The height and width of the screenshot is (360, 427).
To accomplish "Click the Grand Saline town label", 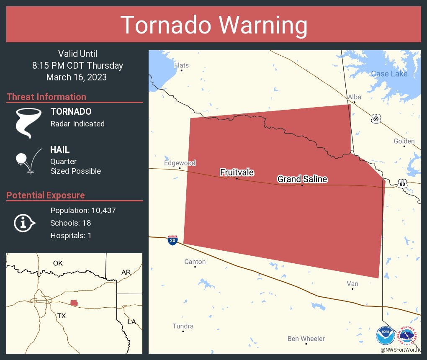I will click(302, 179).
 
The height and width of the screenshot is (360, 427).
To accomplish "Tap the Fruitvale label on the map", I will click(237, 172).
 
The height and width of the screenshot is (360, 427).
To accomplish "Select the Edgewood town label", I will click(180, 163).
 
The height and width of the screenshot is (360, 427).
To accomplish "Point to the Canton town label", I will click(195, 262).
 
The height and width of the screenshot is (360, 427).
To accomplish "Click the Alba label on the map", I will click(354, 97).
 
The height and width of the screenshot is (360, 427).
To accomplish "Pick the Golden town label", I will click(404, 141).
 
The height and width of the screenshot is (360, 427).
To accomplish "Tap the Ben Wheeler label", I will click(306, 339).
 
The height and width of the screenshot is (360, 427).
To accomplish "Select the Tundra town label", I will click(183, 326).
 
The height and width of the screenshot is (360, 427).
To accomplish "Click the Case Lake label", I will click(389, 74).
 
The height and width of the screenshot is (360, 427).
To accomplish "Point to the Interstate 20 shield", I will click(172, 240).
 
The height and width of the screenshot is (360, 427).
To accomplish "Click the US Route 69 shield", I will click(376, 119).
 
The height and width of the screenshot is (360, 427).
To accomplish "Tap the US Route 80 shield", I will click(402, 183).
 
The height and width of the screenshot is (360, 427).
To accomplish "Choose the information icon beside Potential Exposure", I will click(24, 223).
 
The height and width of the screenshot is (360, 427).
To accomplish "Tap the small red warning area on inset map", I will click(74, 302).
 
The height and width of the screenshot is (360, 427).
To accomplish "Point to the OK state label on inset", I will click(58, 263).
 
